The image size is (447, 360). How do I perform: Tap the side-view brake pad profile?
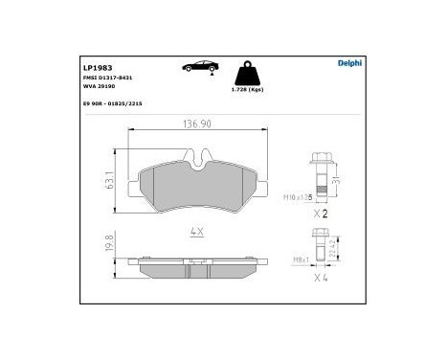(x=199, y=269)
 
